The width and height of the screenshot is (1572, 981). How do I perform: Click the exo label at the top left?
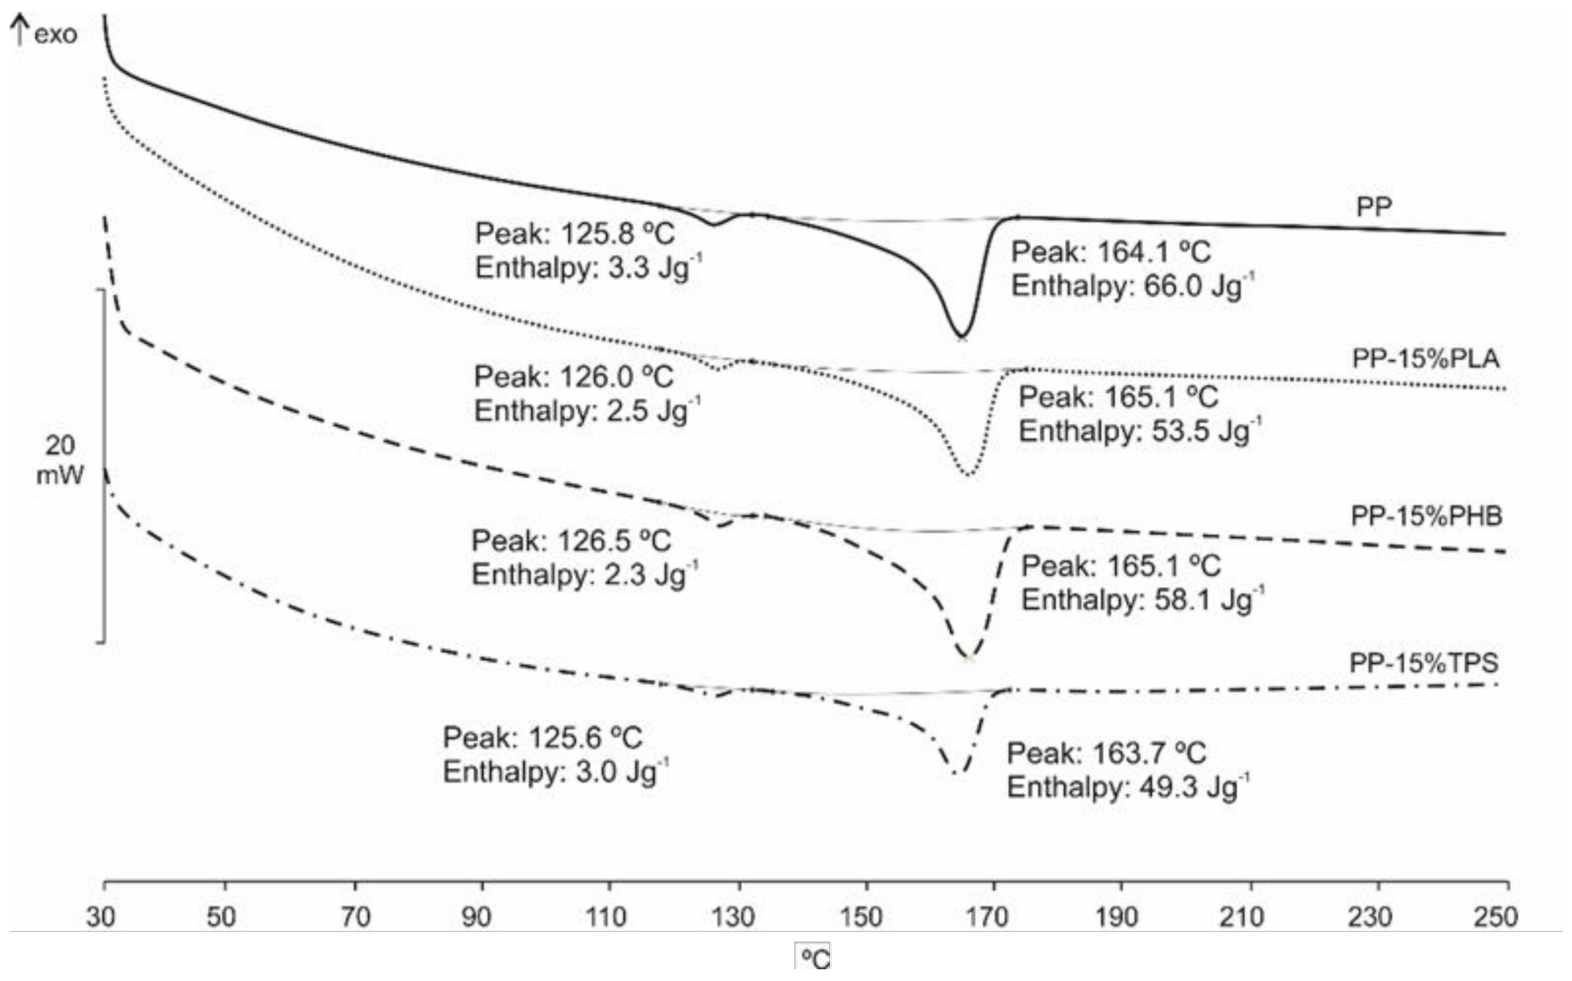point(55,34)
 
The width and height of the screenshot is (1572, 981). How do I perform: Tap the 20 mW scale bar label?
point(59,460)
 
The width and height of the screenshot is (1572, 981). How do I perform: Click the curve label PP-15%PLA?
point(1426,358)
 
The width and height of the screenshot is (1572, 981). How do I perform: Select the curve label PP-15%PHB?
point(1426,516)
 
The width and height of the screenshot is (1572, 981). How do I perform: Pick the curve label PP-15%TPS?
point(1424,663)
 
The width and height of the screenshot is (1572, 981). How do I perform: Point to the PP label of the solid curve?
point(1373,207)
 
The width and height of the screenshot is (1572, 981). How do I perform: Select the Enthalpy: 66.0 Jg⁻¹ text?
point(1132,286)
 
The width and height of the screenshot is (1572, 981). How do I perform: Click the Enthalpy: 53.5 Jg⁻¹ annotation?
point(1140,431)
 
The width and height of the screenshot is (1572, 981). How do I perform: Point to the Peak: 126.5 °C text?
point(571,541)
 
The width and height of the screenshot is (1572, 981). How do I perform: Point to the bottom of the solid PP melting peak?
point(961,336)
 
